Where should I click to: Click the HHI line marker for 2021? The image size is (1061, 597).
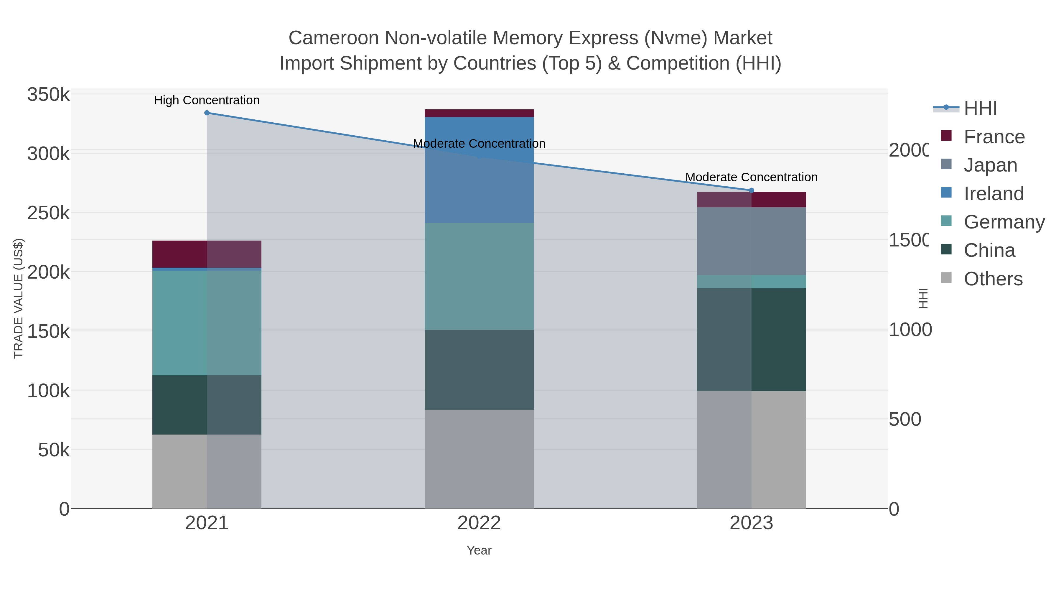tap(207, 113)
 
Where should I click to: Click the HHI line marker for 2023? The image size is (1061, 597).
tap(751, 190)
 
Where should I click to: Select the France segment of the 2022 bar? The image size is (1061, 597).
tap(479, 113)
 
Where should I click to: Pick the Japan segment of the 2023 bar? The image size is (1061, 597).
tap(751, 241)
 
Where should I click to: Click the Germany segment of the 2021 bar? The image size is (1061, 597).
tap(207, 323)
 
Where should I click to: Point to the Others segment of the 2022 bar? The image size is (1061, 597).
tap(479, 458)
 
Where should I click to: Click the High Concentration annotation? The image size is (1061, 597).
tap(207, 100)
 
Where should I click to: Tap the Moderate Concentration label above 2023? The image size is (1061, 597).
tap(751, 177)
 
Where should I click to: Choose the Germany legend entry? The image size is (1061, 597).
tap(1004, 222)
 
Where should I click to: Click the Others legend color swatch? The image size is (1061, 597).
tap(946, 278)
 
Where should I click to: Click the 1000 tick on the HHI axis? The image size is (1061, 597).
tap(910, 330)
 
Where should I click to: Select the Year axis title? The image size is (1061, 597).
tap(479, 550)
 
